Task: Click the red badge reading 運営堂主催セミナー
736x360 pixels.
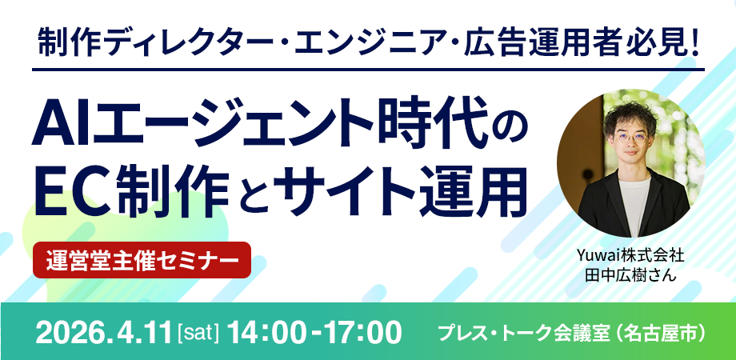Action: click(x=142, y=260)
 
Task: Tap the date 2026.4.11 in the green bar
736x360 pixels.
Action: click(x=103, y=332)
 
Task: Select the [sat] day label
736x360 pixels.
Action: click(x=199, y=333)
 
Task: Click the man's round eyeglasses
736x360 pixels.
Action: click(x=630, y=138)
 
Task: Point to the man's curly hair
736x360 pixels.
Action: click(x=630, y=115)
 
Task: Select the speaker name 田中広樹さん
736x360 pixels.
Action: click(x=630, y=275)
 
